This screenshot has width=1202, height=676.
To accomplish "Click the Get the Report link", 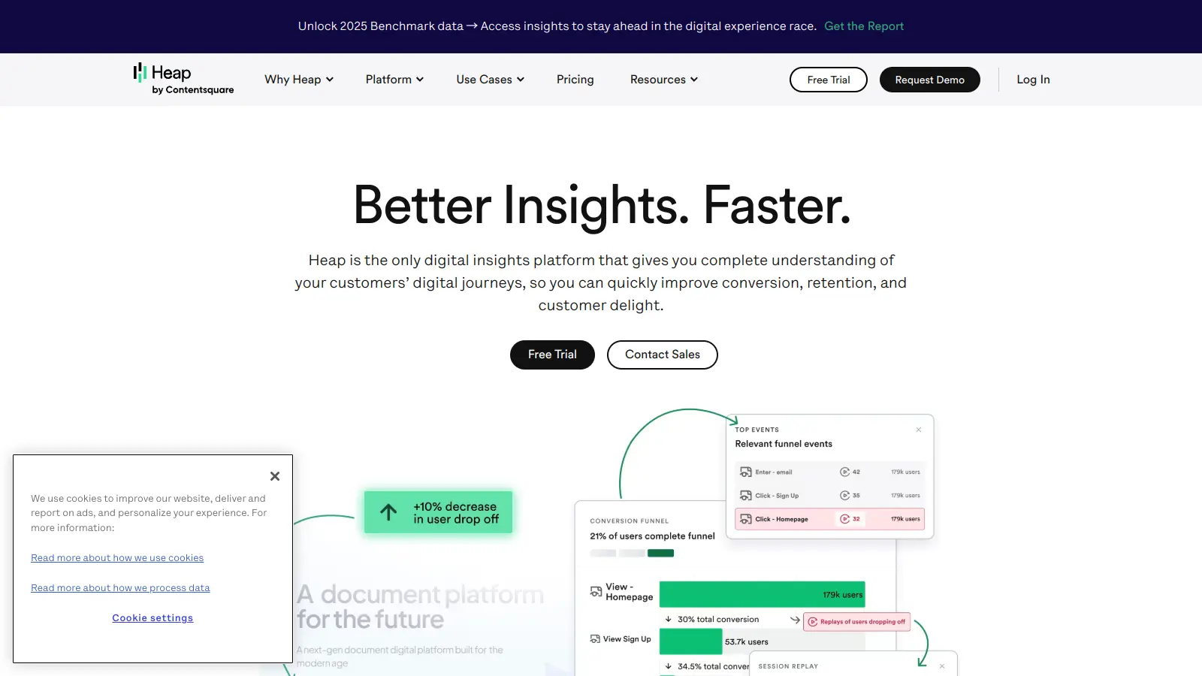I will pyautogui.click(x=864, y=26).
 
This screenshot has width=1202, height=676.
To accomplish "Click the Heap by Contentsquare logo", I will pyautogui.click(x=183, y=79).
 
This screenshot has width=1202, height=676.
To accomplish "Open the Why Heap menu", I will pyautogui.click(x=298, y=80).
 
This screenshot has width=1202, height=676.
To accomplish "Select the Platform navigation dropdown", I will pyautogui.click(x=394, y=80).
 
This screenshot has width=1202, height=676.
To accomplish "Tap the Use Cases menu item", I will pyautogui.click(x=490, y=80).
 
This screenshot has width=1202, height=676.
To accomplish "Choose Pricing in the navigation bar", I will pyautogui.click(x=575, y=80).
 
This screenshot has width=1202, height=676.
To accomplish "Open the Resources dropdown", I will pyautogui.click(x=663, y=80).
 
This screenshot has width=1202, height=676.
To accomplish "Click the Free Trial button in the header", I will pyautogui.click(x=828, y=80).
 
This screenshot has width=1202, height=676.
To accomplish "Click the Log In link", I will pyautogui.click(x=1033, y=80).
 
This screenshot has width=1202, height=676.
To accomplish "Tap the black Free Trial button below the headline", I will pyautogui.click(x=552, y=355).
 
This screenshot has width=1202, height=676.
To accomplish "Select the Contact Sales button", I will pyautogui.click(x=662, y=355).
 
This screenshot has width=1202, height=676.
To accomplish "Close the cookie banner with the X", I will pyautogui.click(x=275, y=476).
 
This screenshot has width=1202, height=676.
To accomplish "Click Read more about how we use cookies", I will pyautogui.click(x=117, y=558).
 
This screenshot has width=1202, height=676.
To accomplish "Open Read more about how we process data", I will pyautogui.click(x=120, y=588).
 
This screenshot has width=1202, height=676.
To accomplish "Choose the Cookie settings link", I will pyautogui.click(x=153, y=618).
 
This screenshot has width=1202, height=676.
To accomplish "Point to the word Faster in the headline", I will pyautogui.click(x=776, y=205).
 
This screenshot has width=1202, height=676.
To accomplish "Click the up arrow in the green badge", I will pyautogui.click(x=388, y=512).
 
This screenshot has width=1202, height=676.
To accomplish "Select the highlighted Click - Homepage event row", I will pyautogui.click(x=829, y=519).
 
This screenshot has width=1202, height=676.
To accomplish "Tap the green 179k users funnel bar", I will pyautogui.click(x=762, y=594).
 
